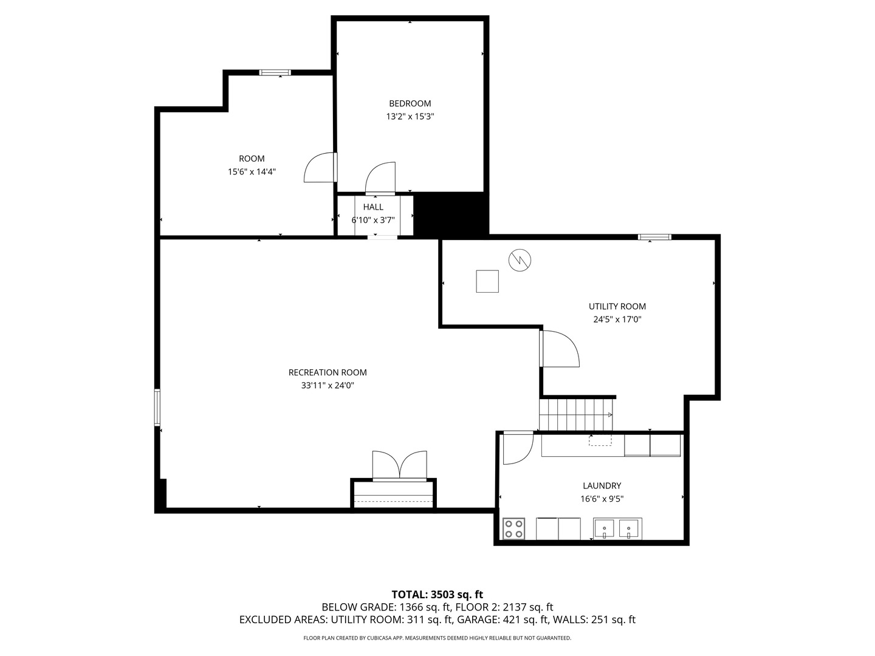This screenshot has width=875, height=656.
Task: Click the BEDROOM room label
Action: point(410,103)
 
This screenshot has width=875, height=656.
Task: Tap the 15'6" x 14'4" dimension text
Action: point(252,172)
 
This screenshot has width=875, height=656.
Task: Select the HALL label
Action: point(373,207)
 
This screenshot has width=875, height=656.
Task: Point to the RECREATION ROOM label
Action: point(328,372)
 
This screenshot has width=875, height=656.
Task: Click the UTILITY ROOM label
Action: point(617,306)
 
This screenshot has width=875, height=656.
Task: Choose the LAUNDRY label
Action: point(602,485)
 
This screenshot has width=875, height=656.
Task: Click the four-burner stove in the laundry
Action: point(513,528)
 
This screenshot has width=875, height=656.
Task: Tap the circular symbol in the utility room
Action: point(520,261)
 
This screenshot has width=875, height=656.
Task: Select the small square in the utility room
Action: point(487,281)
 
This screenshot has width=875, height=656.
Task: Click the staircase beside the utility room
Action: point(575,415)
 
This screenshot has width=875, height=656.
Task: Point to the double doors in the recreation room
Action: point(399,466)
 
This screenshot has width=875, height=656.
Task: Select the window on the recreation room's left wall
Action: point(157,408)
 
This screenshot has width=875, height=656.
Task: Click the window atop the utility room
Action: point(654,237)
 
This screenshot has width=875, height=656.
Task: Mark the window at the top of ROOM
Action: point(275,72)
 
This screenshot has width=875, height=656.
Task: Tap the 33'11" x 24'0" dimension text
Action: point(328,386)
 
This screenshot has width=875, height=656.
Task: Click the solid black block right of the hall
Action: point(451,215)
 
